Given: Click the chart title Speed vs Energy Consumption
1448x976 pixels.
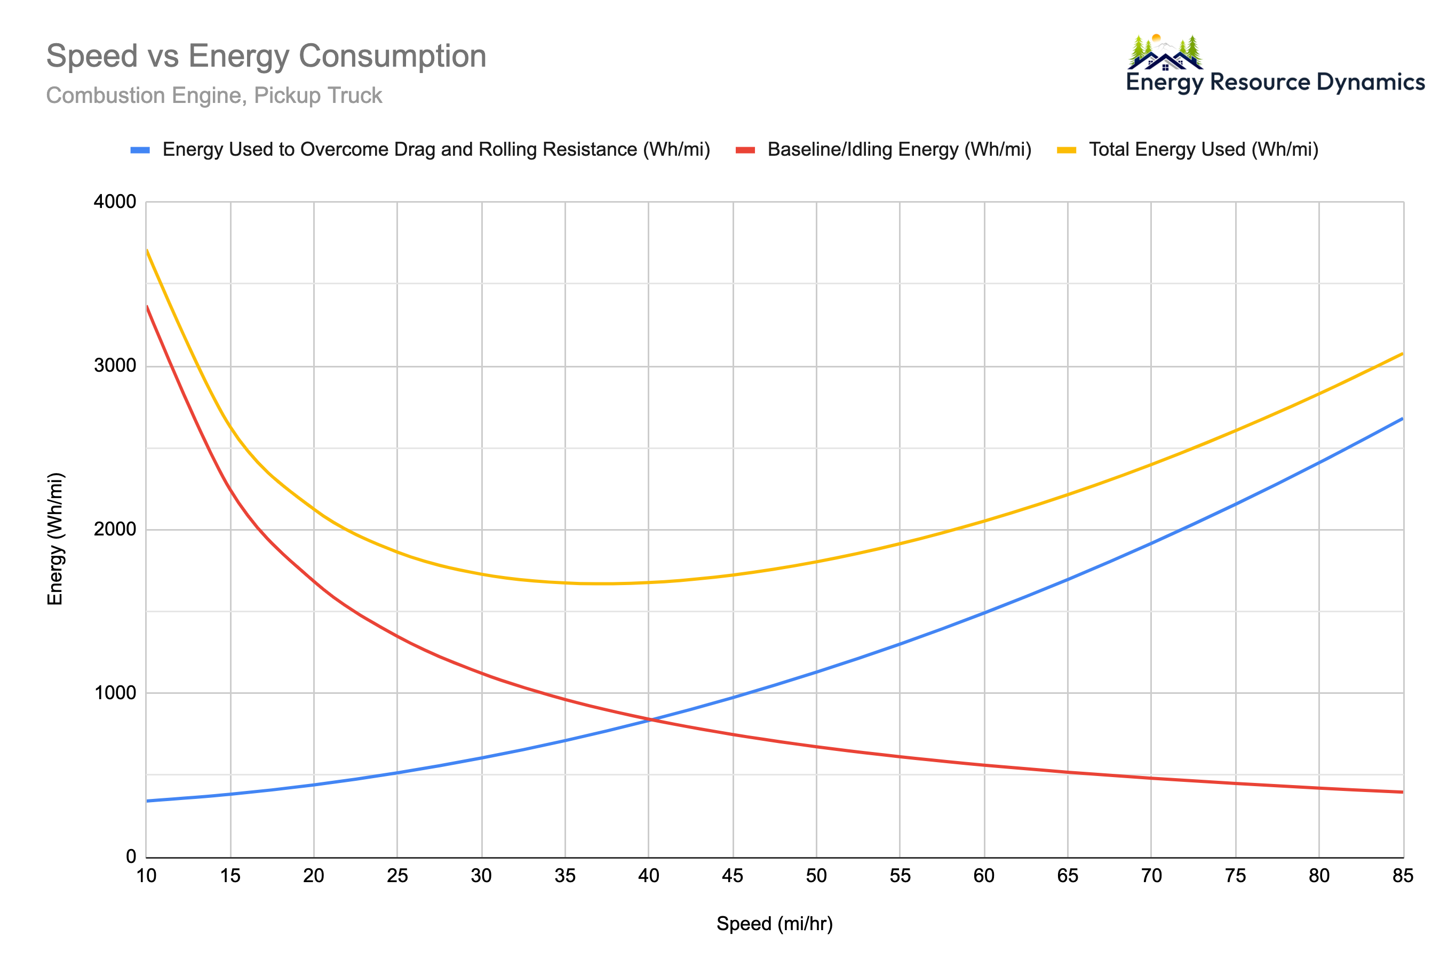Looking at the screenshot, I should coord(266,56).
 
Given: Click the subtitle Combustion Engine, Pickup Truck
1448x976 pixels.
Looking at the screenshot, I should coord(213,95).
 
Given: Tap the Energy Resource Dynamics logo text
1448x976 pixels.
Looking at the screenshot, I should coord(1275,82).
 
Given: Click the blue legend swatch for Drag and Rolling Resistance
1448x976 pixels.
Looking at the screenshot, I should coord(140,149).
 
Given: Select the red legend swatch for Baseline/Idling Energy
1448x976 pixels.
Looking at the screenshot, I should coord(745,149).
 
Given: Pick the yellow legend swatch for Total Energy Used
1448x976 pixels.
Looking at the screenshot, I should coord(1066,149).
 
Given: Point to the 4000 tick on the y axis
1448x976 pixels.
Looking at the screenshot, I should coord(115,202).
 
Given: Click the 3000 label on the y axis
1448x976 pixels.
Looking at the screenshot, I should coord(115,365).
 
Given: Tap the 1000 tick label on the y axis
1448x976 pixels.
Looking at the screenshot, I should coord(115,693).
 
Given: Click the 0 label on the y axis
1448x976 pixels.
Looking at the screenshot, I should coord(131,857).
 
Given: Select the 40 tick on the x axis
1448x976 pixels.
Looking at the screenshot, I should coord(648,876).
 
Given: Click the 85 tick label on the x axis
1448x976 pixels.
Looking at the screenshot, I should coord(1403,876).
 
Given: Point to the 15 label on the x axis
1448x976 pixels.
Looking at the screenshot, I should coord(230,876).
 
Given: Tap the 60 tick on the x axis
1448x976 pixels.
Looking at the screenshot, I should coord(984,876).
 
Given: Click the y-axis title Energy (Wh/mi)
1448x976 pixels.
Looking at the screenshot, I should coord(55,539).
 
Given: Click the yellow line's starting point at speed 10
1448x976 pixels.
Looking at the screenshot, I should coord(147,250).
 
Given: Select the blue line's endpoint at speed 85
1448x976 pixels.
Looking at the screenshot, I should coord(1402,419).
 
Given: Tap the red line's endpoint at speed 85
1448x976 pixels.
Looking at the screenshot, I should coord(1402,792).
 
